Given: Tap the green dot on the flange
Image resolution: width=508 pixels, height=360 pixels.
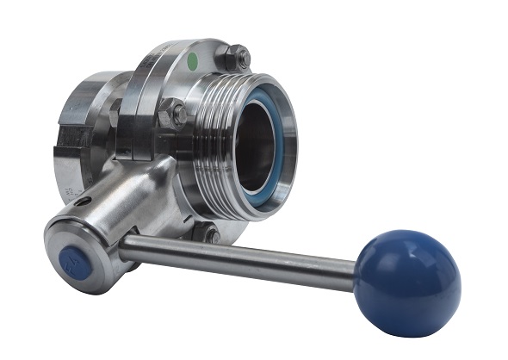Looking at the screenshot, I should click(193, 61).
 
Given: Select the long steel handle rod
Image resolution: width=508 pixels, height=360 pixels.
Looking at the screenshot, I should click(241, 257).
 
